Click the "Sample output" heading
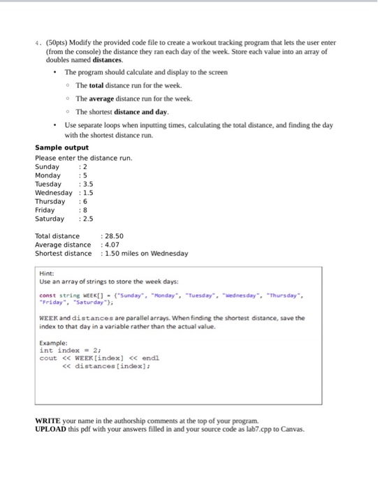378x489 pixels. point(61,147)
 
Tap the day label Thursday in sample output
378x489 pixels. point(50,201)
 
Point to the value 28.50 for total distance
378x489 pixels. point(115,236)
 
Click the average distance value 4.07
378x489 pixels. point(113,245)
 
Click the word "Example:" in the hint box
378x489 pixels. point(54,343)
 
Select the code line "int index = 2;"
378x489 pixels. point(69,351)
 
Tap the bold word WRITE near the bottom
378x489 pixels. point(48,421)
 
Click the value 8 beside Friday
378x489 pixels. point(86,210)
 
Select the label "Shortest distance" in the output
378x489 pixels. point(63,253)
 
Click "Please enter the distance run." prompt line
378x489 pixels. point(83,158)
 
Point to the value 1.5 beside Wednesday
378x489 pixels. point(88,193)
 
